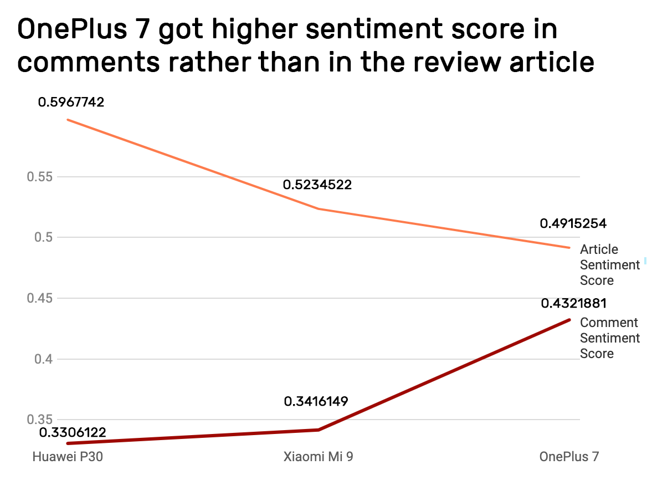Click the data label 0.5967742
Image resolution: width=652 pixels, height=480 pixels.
(x=71, y=103)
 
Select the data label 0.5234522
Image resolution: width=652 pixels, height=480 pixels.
(x=317, y=185)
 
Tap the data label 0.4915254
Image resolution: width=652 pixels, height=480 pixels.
(x=573, y=224)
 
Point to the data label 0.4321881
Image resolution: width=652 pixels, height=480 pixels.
(x=573, y=304)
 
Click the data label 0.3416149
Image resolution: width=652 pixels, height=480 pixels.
(x=316, y=401)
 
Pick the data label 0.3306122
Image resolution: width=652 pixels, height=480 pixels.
(x=72, y=432)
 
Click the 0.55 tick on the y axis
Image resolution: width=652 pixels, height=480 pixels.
(x=38, y=177)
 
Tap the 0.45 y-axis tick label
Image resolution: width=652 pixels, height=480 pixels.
(x=38, y=299)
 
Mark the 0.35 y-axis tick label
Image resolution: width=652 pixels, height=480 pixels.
(x=38, y=420)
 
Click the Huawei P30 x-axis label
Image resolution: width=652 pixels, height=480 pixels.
(x=68, y=457)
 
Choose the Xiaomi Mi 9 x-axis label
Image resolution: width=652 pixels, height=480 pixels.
(x=317, y=457)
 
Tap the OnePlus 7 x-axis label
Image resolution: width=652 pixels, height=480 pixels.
(x=569, y=457)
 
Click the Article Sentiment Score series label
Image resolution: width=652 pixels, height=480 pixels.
(x=609, y=265)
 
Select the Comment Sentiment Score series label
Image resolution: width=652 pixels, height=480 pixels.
(x=609, y=338)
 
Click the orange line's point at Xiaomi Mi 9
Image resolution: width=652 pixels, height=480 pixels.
(x=319, y=209)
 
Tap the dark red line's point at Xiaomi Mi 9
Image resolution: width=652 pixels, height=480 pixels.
(x=319, y=430)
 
